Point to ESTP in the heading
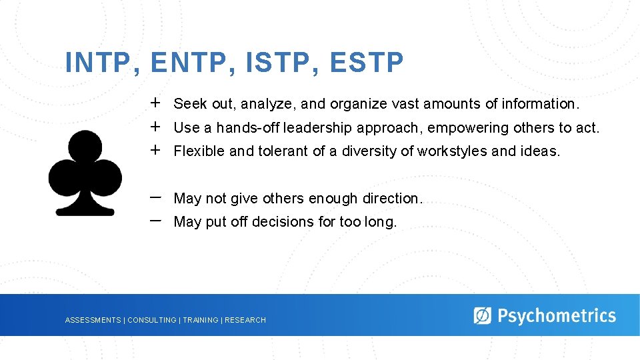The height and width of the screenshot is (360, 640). pos(366,63)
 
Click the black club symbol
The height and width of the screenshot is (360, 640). pos(85,173)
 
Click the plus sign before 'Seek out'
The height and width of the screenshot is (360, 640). pos(155,103)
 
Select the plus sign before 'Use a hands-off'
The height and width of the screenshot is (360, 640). pos(155,127)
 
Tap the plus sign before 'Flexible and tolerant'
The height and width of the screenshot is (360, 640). pos(155,150)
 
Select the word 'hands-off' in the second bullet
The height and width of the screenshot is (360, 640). pos(244,127)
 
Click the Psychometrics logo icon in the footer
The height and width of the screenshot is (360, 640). pos(482,315)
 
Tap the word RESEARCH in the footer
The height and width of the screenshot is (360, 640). pos(245,321)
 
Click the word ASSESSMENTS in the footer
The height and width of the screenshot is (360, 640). pos(93,321)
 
